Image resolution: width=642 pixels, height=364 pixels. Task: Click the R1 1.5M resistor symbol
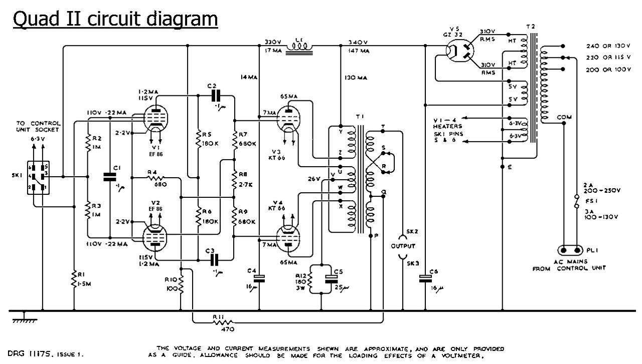74,280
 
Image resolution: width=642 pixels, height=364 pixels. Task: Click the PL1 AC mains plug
571,250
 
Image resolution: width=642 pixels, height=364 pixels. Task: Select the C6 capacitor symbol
425,276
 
